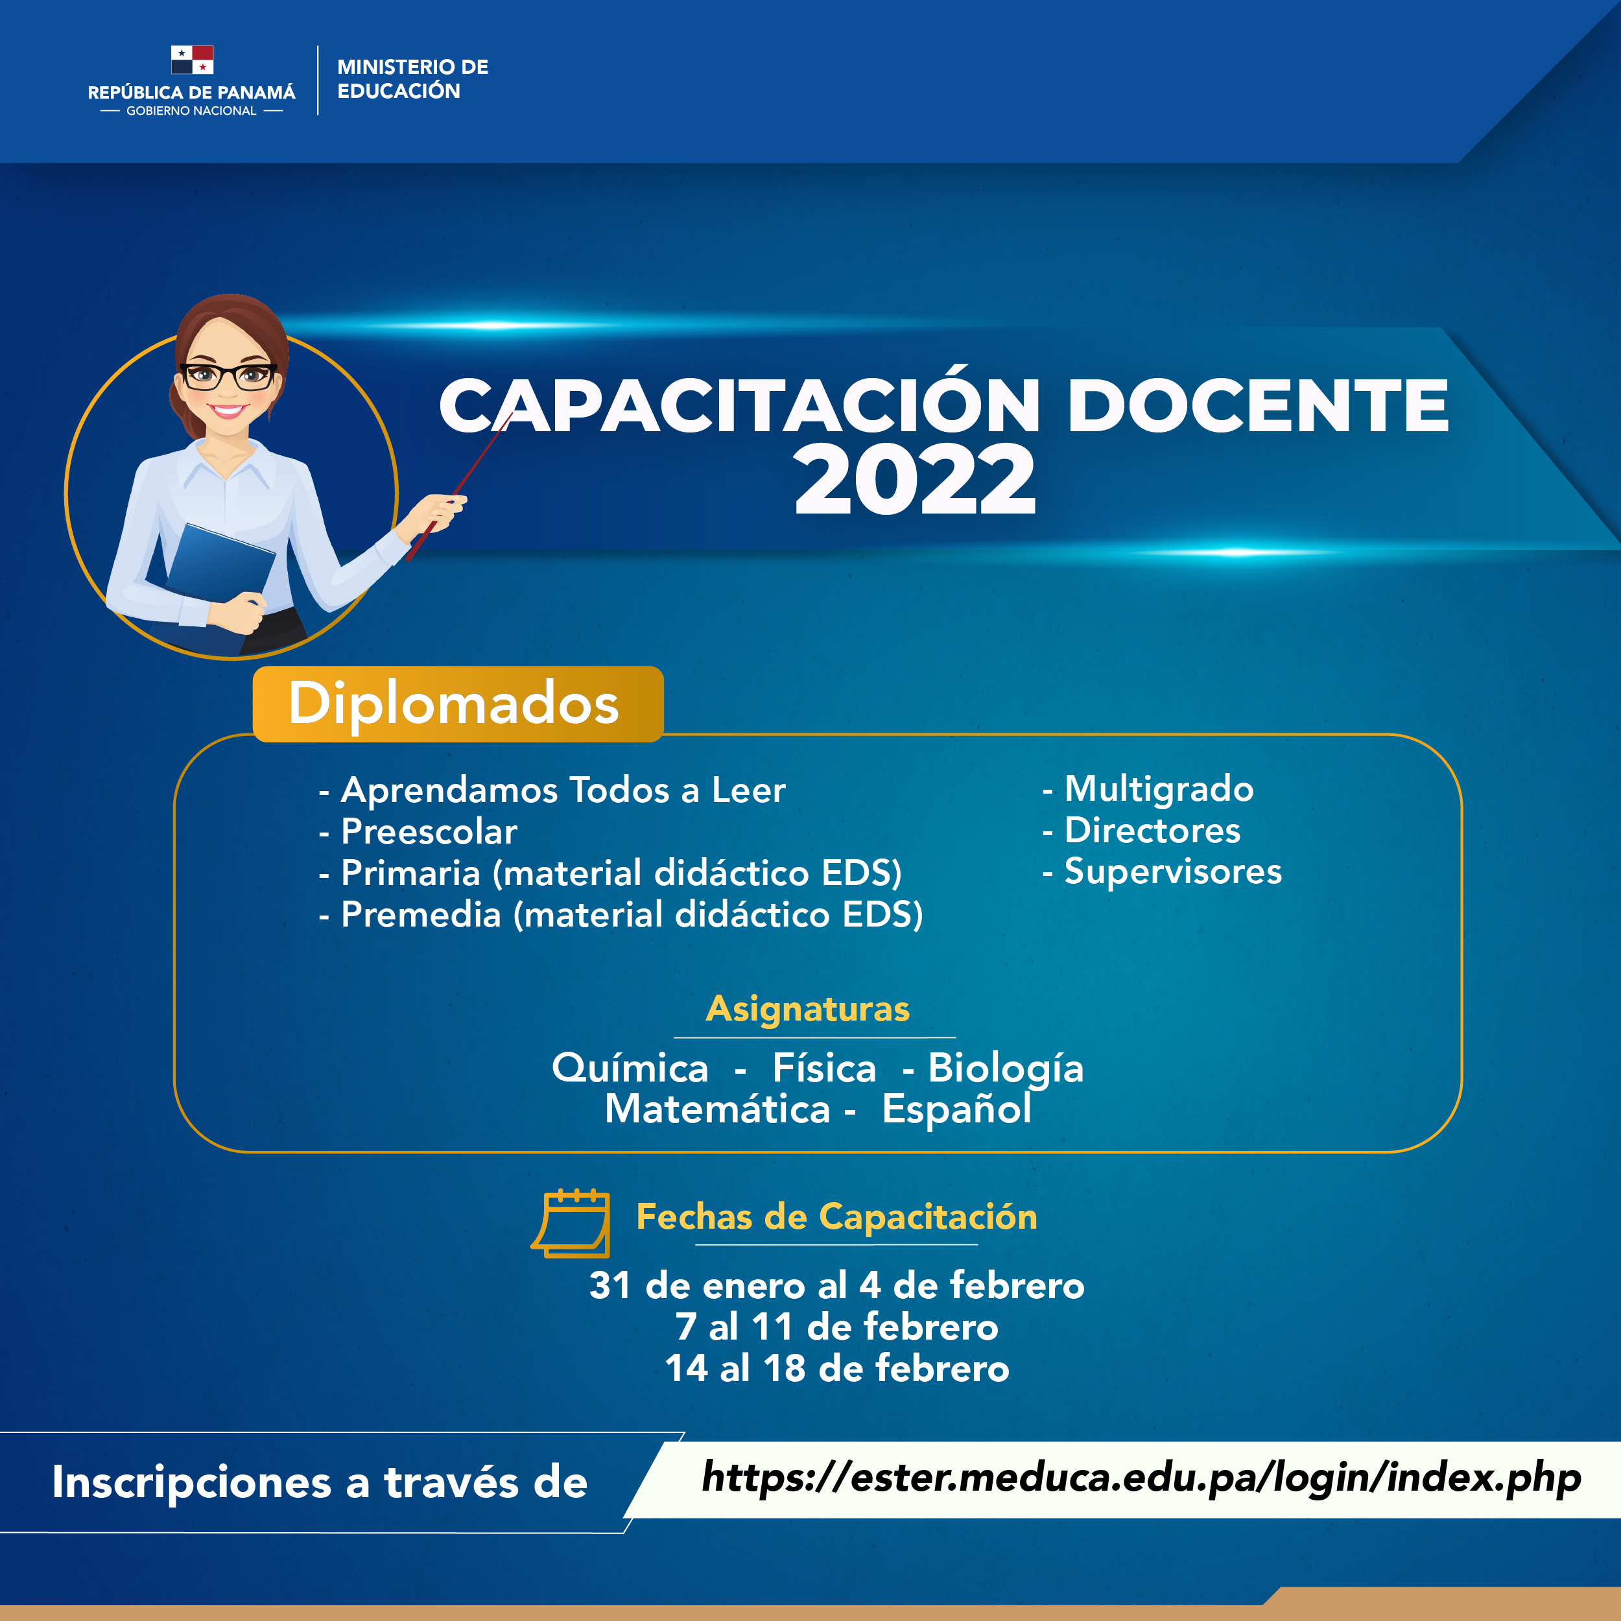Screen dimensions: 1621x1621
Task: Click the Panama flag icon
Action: point(192,60)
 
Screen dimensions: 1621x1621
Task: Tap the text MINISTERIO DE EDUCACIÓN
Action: point(412,79)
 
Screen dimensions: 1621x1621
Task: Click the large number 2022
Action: point(914,479)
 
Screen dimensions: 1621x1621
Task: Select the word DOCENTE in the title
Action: point(1258,405)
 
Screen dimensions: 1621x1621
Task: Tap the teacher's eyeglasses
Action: point(228,376)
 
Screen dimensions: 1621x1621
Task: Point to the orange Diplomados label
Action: point(458,704)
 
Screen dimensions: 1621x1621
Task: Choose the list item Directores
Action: point(1141,830)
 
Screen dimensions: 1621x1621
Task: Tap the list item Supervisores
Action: point(1162,871)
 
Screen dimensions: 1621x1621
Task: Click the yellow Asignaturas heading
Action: point(808,1008)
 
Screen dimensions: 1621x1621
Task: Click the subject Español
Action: point(956,1109)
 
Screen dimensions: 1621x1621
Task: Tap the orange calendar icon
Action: point(571,1224)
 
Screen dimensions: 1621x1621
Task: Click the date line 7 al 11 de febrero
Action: point(837,1327)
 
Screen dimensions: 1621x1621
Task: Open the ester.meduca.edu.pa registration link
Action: point(1141,1478)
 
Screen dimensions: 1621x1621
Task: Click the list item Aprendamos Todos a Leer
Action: point(552,790)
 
